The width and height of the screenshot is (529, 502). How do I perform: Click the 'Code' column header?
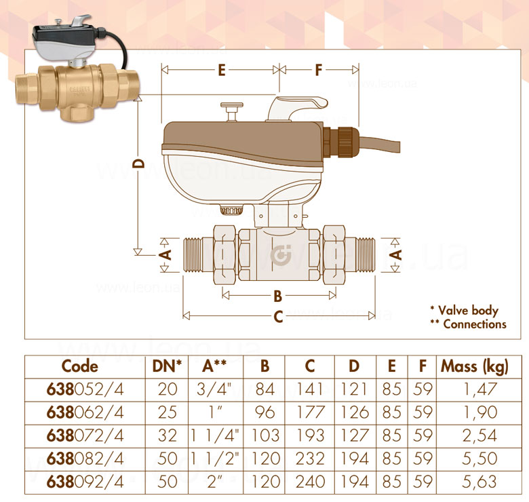click(79, 366)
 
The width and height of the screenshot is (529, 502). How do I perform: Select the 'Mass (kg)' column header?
click(474, 367)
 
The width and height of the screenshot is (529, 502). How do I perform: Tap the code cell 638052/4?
click(85, 389)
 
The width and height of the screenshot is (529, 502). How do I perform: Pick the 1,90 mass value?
click(480, 412)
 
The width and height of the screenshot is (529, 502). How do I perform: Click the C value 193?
click(310, 436)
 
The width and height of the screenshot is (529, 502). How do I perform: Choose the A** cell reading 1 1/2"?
click(215, 459)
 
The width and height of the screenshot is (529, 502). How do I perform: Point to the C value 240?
click(310, 482)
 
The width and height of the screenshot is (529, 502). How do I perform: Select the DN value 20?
click(168, 389)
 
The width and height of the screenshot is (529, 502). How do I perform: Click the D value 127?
click(355, 436)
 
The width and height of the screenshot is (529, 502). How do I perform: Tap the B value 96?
click(264, 412)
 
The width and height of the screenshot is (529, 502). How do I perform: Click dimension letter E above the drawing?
click(222, 70)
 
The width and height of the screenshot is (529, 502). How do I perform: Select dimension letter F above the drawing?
click(319, 70)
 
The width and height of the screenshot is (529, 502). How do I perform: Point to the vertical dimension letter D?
click(138, 163)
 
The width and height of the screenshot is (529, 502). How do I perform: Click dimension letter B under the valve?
click(277, 296)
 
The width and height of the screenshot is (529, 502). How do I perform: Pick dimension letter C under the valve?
click(278, 317)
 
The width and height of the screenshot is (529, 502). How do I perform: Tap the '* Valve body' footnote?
click(465, 311)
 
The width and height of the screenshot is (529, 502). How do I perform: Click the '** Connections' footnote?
click(468, 324)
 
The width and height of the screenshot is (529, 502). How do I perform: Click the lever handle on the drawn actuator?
click(297, 107)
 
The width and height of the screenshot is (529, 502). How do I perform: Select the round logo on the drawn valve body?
click(281, 255)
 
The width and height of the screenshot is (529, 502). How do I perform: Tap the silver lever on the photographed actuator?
click(81, 20)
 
